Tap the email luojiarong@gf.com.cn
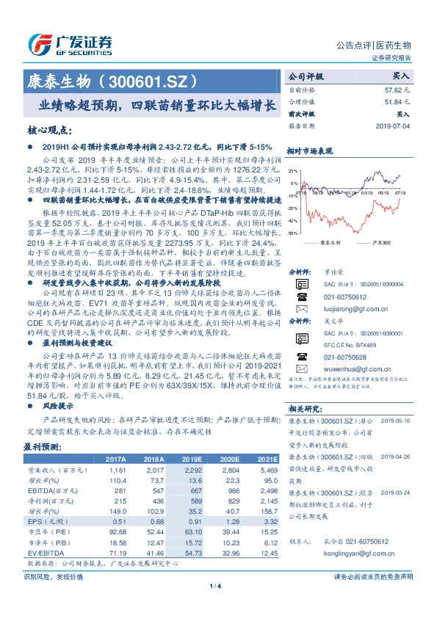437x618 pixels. click(x=346, y=309)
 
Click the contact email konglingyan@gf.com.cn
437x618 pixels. click(x=346, y=556)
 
